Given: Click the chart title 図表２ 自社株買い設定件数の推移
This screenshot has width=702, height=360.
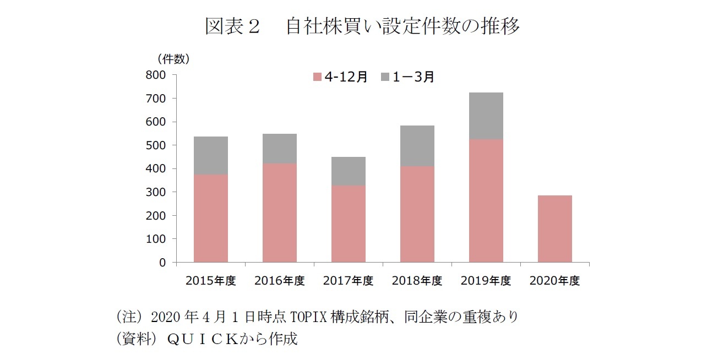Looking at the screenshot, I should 362,26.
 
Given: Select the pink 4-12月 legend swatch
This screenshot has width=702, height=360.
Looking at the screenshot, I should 317,77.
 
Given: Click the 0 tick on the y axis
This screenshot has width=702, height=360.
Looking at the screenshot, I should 162,263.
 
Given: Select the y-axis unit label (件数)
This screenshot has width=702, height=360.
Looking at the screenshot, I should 173,58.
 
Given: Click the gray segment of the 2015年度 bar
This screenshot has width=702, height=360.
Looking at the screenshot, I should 211,155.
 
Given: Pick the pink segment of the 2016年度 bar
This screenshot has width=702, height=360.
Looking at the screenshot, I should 280,212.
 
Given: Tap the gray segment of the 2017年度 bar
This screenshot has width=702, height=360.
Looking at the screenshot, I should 349,171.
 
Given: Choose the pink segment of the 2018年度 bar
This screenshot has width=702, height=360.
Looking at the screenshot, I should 417,214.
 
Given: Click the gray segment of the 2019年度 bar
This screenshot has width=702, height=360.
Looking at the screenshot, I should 486,116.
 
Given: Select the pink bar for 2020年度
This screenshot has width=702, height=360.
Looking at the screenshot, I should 555,229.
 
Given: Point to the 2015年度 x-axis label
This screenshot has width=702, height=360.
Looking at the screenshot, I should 211,281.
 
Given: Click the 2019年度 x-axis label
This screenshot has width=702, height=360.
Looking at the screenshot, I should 486,281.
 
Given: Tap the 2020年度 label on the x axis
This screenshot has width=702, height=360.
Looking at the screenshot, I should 555,281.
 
